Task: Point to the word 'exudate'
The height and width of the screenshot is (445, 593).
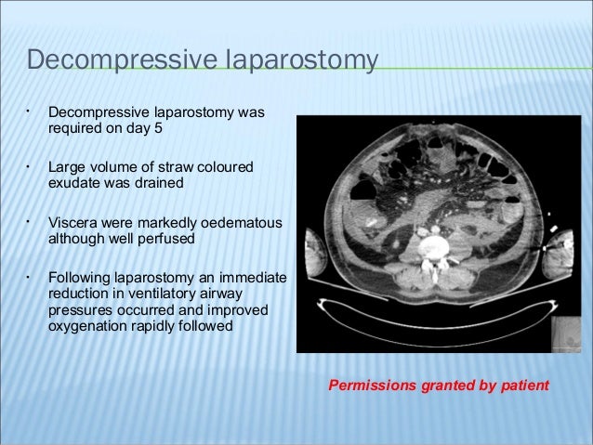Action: pos(73,183)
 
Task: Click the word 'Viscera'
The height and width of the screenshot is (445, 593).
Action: pos(72,223)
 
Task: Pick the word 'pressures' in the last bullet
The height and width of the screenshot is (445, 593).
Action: pos(78,310)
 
